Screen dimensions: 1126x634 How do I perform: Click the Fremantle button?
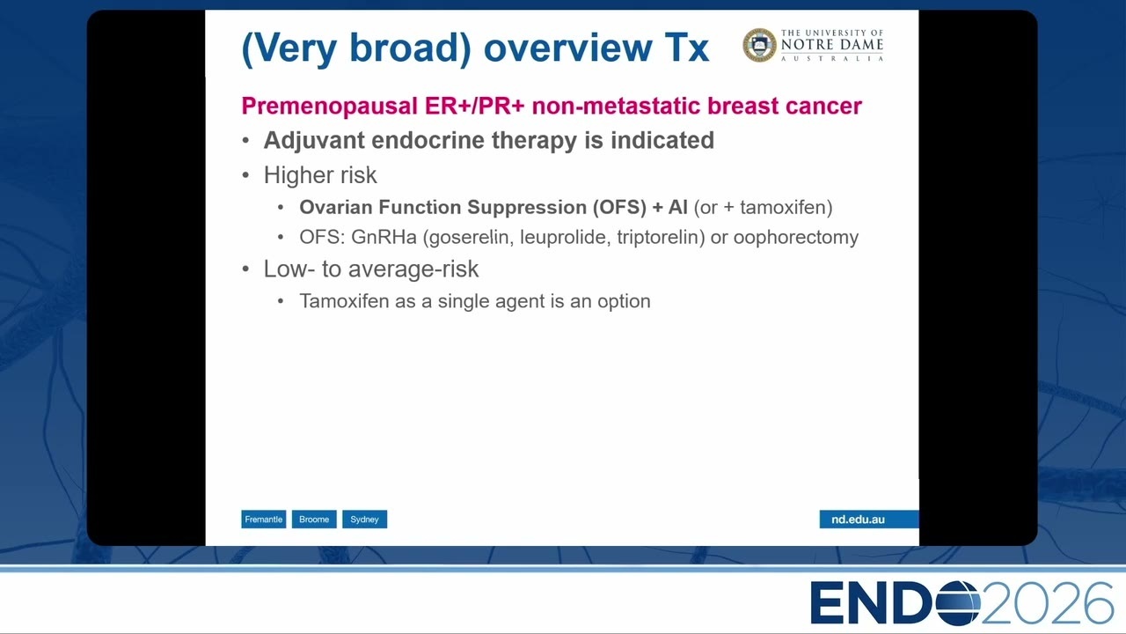click(x=263, y=520)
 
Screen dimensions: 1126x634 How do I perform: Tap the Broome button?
click(x=314, y=520)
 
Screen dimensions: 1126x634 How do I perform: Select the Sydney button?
click(x=364, y=520)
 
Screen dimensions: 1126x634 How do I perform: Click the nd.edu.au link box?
click(x=869, y=520)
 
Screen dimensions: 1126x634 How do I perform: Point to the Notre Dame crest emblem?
click(x=759, y=45)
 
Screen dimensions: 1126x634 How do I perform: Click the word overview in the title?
click(x=567, y=48)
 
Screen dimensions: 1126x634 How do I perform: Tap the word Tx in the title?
click(x=687, y=48)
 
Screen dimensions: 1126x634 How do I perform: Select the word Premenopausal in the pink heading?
click(x=330, y=107)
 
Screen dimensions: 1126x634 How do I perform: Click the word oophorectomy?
click(x=796, y=237)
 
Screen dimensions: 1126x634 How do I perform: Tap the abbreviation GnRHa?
click(x=384, y=237)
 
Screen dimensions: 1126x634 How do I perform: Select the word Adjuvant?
click(x=314, y=140)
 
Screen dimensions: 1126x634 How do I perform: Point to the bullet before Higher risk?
click(x=245, y=175)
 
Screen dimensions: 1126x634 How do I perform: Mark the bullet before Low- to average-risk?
click(x=245, y=269)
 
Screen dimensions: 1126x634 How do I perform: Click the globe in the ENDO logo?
click(x=958, y=603)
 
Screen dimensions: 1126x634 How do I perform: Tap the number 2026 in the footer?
click(x=1048, y=603)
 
